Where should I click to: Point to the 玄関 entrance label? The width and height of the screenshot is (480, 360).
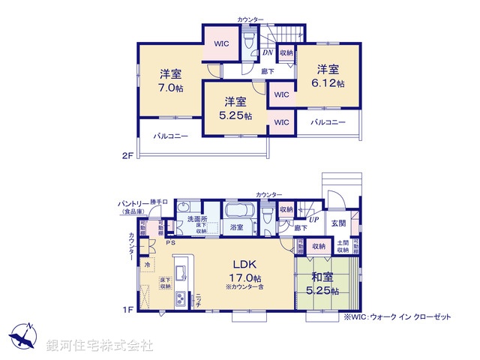coord(338,223)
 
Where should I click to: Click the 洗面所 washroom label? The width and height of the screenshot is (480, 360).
coord(197,218)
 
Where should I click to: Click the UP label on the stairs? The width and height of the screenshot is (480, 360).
coord(313,219)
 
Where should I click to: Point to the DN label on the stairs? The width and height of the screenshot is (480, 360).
coord(267,52)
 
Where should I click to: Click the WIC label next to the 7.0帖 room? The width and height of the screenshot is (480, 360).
coord(221,43)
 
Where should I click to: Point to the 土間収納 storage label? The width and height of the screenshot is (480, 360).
coord(342,245)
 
